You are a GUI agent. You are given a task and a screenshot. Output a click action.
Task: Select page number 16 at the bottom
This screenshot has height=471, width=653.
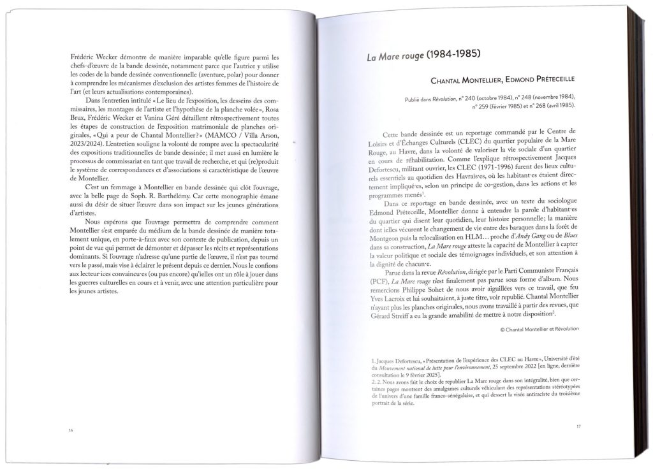(x=70, y=430)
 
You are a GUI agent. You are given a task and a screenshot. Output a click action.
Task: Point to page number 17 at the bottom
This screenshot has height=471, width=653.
(x=578, y=426)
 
